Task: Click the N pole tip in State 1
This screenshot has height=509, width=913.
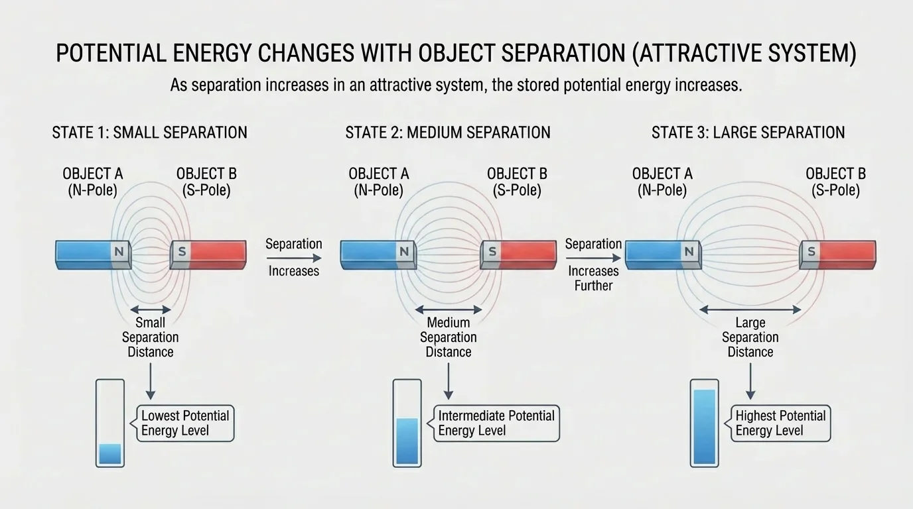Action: pyautogui.click(x=120, y=253)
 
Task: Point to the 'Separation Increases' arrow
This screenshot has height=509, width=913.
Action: pyautogui.click(x=293, y=258)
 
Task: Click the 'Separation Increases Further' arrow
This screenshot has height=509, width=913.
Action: pyautogui.click(x=593, y=258)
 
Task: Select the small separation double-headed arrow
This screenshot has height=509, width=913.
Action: pyautogui.click(x=150, y=310)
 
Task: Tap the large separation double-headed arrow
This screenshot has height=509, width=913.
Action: pyautogui.click(x=750, y=310)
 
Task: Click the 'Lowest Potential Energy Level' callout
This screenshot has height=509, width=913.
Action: pyautogui.click(x=184, y=424)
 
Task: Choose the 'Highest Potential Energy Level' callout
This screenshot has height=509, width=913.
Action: pyautogui.click(x=780, y=424)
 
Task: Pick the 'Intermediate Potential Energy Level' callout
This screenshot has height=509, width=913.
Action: pyautogui.click(x=496, y=424)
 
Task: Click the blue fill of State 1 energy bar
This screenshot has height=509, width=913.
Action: pyautogui.click(x=110, y=454)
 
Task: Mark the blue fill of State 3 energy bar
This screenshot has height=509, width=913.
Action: pyautogui.click(x=704, y=427)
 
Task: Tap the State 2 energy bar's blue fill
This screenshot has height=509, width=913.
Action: pyautogui.click(x=407, y=441)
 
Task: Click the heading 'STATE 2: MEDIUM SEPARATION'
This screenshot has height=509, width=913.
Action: pyautogui.click(x=448, y=133)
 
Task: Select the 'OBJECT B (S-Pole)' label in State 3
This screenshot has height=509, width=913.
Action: pyautogui.click(x=835, y=182)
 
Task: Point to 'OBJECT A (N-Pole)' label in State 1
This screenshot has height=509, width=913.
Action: pyautogui.click(x=93, y=182)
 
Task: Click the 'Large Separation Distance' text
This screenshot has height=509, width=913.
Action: pyautogui.click(x=750, y=337)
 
